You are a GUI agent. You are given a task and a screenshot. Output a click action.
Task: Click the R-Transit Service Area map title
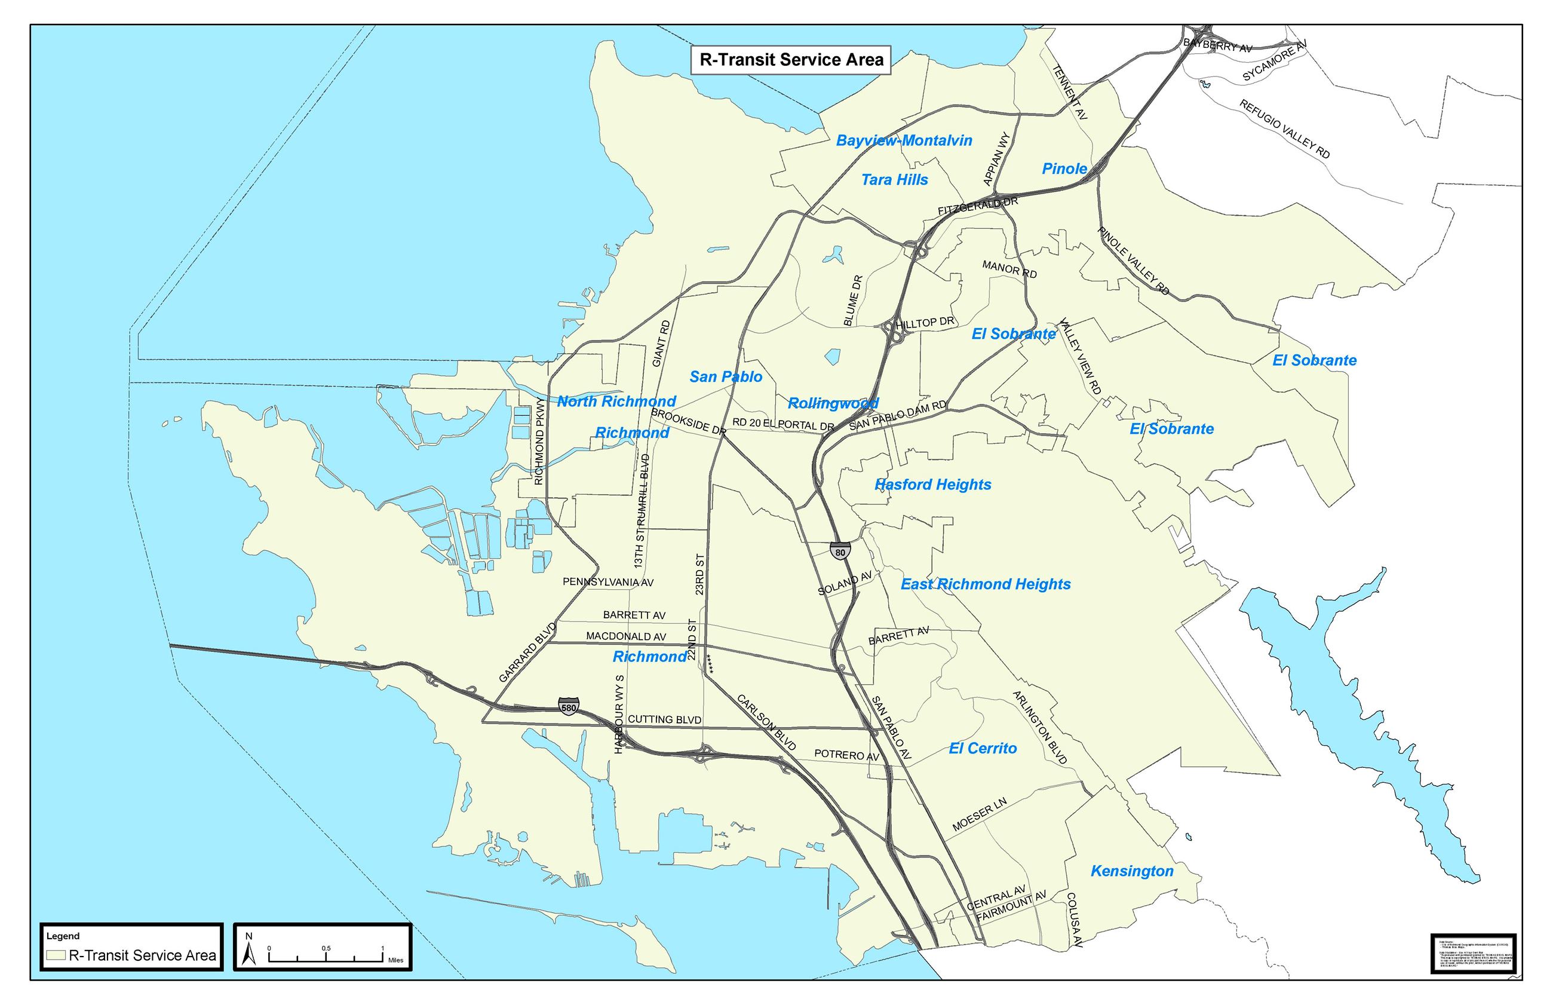tap(790, 60)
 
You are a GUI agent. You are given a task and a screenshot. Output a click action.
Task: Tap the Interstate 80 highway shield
tap(839, 552)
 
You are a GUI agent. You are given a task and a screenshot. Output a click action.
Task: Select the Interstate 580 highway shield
tap(568, 707)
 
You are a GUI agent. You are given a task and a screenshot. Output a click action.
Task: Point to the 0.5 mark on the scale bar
tap(326, 949)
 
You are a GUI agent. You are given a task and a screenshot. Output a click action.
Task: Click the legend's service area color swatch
tap(56, 955)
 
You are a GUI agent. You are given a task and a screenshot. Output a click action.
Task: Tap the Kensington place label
tap(1132, 871)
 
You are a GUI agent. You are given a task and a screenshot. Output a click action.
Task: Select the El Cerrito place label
tap(983, 748)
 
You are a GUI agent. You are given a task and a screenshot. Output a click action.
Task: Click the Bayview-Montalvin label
tap(904, 140)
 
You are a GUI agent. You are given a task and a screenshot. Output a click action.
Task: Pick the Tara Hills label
tap(894, 179)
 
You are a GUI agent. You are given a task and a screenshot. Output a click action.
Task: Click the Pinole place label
tap(1064, 168)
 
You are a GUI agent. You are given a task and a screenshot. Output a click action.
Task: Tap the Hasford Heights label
tap(933, 484)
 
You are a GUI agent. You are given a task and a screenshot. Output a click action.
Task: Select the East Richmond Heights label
tap(986, 584)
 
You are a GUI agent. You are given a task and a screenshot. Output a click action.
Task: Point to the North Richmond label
tap(616, 402)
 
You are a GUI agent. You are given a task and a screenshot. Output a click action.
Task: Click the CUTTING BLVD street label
tap(664, 719)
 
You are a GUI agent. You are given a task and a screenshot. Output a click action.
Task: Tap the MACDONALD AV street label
tap(625, 636)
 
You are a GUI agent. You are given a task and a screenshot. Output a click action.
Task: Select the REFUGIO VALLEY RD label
tap(1284, 128)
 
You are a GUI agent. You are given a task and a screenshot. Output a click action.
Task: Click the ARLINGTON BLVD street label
tap(1040, 728)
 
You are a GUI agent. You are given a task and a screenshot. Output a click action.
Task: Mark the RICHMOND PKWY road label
tap(539, 441)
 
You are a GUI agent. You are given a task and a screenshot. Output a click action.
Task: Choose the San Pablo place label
tap(725, 376)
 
